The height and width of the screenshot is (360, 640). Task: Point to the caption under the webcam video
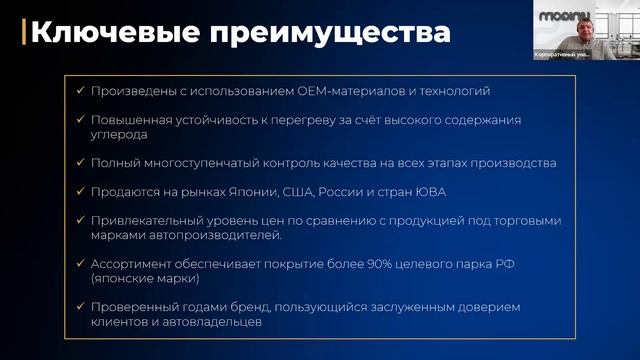pos(560,55)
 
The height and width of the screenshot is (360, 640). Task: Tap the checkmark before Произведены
pos(80,91)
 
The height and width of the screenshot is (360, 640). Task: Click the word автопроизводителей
pos(211,235)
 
